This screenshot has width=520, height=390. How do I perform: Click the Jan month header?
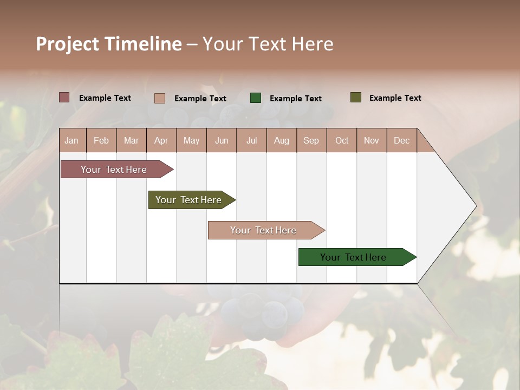(x=72, y=140)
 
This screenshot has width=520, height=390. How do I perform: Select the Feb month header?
(x=101, y=140)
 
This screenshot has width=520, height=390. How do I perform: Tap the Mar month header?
(x=132, y=140)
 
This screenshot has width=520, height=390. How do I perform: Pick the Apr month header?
(x=161, y=140)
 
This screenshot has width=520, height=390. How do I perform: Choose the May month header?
(x=191, y=140)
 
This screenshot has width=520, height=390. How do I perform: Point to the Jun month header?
(x=222, y=140)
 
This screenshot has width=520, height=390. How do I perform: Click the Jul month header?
(x=252, y=140)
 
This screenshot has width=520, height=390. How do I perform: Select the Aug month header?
(x=282, y=140)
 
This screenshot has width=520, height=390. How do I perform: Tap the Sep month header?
(x=311, y=140)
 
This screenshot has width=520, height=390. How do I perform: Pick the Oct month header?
(x=342, y=140)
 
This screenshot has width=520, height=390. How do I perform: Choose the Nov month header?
(x=372, y=140)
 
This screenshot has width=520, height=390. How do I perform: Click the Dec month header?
(x=402, y=140)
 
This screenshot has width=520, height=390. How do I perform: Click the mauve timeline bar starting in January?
(x=114, y=170)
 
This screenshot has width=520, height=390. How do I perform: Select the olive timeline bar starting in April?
(x=189, y=200)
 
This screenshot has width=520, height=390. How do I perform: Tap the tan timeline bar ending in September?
(x=264, y=230)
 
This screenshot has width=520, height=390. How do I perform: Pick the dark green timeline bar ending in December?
(x=354, y=257)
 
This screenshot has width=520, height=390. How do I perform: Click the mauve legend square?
(x=64, y=97)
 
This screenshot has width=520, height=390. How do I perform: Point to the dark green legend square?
(x=256, y=98)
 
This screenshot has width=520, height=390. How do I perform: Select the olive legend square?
(x=355, y=97)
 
